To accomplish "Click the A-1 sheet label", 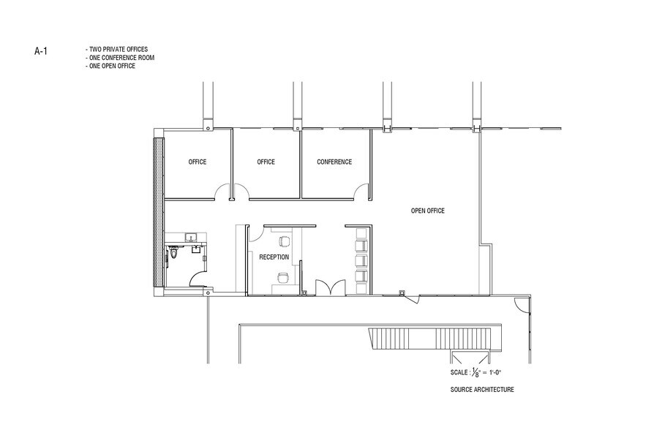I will [x=41, y=51].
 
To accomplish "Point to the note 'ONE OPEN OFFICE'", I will [x=110, y=66].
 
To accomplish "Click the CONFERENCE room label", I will [x=334, y=162].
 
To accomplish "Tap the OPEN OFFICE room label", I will [x=427, y=211].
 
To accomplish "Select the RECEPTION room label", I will [x=274, y=257].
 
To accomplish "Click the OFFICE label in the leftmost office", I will [x=197, y=162].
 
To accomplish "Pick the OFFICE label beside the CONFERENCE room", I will [x=266, y=162].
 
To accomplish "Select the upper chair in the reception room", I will [x=285, y=241].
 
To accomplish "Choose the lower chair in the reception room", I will [x=282, y=276].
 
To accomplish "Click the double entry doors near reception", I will [x=326, y=287].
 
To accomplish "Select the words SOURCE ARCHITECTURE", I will [x=482, y=390].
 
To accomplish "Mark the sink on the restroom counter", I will [x=191, y=237].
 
